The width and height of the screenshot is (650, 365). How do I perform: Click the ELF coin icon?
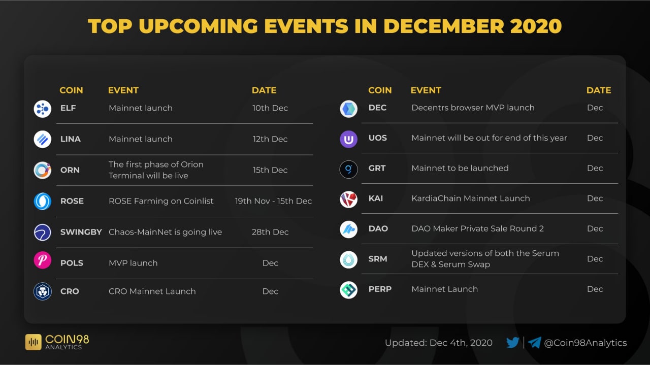[x=42, y=109]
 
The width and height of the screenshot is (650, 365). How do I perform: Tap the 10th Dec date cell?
[x=270, y=108]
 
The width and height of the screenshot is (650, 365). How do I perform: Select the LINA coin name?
[x=71, y=139]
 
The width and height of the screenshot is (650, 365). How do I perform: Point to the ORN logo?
[x=42, y=170]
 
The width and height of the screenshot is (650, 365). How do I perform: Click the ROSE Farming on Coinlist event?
[x=161, y=201]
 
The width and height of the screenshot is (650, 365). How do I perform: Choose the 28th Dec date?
[x=270, y=232]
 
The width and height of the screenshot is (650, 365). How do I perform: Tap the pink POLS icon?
[x=42, y=260]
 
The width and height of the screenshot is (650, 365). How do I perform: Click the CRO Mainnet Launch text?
[x=152, y=291]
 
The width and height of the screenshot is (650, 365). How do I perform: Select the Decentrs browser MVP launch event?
[x=473, y=108]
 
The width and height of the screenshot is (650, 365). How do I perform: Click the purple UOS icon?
[x=348, y=139]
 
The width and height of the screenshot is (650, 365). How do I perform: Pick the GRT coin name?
[x=377, y=168]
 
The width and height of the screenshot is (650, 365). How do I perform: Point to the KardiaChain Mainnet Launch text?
[x=471, y=198]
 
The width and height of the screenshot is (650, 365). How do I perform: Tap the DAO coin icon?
[x=348, y=229]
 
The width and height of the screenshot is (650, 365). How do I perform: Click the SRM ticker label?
[x=378, y=258]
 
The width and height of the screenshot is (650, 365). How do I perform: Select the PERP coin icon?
[x=348, y=290]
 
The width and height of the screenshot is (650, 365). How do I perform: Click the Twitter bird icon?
[x=513, y=342]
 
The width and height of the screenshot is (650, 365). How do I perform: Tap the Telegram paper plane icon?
[x=534, y=342]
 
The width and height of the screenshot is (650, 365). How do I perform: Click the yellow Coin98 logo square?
[x=34, y=342]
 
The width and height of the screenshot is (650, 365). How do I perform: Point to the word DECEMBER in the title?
[x=444, y=26]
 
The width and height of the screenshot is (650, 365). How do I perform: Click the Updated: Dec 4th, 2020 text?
[x=438, y=343]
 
